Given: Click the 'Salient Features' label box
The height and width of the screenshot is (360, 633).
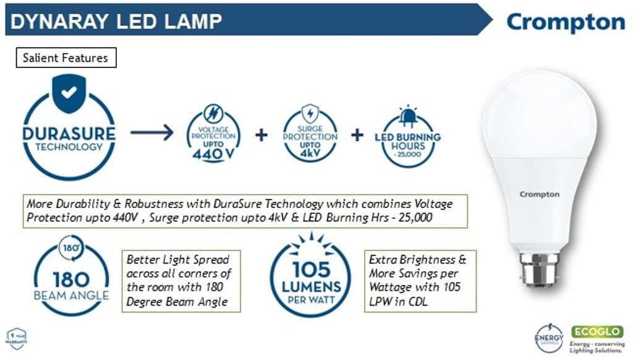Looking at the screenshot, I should (x=65, y=58).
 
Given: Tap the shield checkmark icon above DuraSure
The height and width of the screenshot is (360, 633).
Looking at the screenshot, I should (x=69, y=93).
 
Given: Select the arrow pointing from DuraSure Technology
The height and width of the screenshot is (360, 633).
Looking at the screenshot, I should (x=152, y=134).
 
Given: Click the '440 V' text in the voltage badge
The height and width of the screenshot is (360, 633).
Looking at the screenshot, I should (x=214, y=155).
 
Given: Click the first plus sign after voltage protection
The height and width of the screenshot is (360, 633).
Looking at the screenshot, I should (x=261, y=135).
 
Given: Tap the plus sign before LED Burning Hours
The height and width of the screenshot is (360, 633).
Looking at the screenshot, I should (x=357, y=135).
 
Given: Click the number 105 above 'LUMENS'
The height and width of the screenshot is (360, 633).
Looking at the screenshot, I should (x=312, y=270).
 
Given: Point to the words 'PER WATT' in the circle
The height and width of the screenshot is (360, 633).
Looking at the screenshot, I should (x=311, y=299).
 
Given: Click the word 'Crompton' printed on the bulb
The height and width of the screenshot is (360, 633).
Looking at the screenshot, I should (x=539, y=194).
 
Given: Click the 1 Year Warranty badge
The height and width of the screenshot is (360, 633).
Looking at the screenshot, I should (x=16, y=338).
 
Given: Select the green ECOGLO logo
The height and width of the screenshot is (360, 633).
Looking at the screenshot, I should (x=597, y=332).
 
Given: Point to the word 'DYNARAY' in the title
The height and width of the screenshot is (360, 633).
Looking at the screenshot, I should (x=53, y=21).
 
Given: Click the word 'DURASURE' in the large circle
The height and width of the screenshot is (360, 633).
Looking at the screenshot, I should (x=69, y=134).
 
